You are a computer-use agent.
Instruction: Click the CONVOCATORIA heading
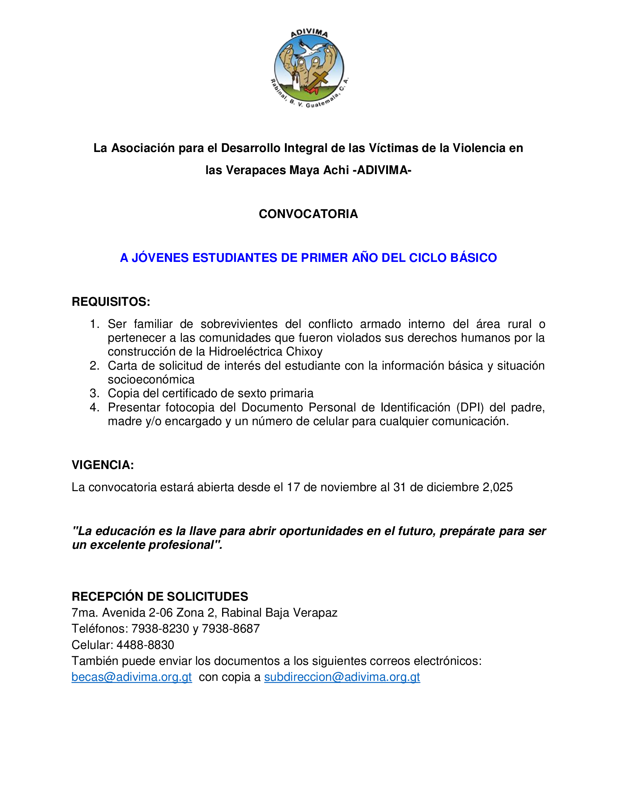coord(308,214)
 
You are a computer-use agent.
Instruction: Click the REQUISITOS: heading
coord(111,302)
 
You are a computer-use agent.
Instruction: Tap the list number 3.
coord(94,393)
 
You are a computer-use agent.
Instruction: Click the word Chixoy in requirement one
coord(304,351)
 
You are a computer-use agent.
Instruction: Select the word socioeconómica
coord(151,379)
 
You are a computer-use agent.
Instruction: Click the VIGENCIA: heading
coord(103,465)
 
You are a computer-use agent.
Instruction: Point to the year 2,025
coord(498,488)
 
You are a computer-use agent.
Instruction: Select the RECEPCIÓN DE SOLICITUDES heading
coord(160,596)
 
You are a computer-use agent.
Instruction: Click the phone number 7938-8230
coord(160,629)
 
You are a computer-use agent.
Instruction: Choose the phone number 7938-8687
coord(230,629)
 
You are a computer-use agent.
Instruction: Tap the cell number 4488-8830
coord(145,645)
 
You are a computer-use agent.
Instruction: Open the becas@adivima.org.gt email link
coord(132,677)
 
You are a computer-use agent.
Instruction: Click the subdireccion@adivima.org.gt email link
coord(342,677)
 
